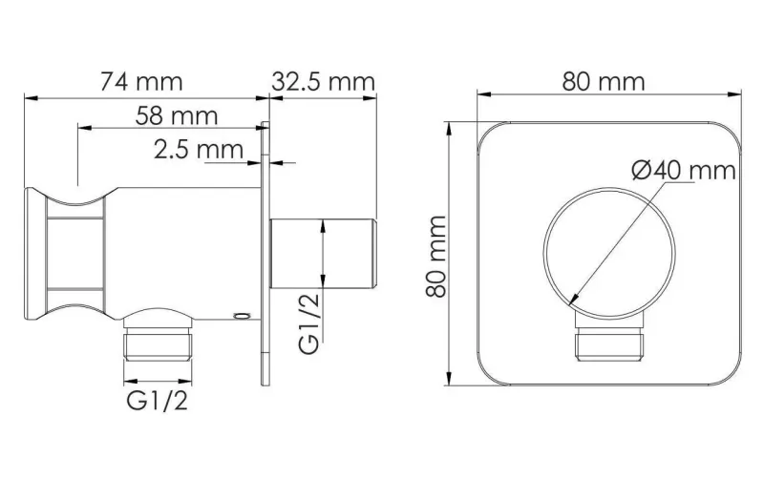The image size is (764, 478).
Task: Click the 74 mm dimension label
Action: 141,81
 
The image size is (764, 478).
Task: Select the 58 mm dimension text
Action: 177,115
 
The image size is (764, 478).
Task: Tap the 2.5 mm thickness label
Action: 199,149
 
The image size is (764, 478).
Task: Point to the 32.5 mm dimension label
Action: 323,81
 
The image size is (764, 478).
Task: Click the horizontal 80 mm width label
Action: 604,81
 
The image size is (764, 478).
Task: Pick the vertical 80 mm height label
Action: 436,257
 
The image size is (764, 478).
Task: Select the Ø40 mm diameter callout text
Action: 684,171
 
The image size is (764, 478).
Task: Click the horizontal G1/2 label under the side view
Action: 157,401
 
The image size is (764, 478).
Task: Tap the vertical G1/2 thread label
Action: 308,323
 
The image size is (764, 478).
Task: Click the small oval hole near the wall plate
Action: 242,317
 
